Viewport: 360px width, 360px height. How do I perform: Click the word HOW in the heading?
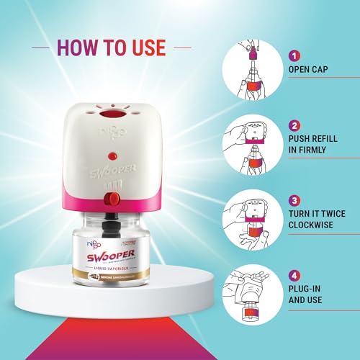click(75, 48)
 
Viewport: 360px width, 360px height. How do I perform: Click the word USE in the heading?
click(143, 48)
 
